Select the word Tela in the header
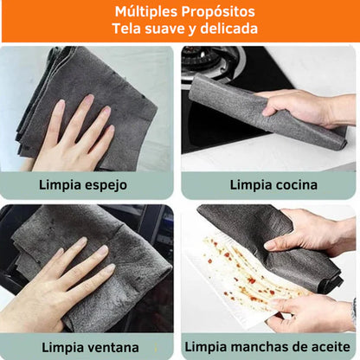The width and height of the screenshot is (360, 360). click(x=128, y=29)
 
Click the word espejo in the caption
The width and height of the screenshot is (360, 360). click(x=108, y=184)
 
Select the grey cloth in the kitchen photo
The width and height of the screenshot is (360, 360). click(x=251, y=108)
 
